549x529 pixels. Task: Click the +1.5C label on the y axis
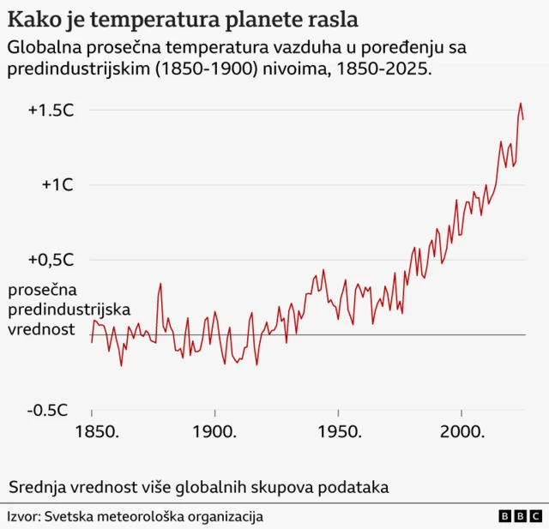click(50, 111)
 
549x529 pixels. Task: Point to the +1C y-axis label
click(57, 185)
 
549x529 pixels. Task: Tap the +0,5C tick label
click(50, 260)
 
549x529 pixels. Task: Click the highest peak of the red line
click(520, 104)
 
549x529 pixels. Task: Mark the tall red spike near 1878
click(160, 284)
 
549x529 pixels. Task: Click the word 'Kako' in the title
click(32, 18)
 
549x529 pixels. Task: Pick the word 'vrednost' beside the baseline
click(39, 328)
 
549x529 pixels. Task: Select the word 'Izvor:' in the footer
click(23, 516)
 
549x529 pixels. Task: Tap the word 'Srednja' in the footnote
click(37, 487)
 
